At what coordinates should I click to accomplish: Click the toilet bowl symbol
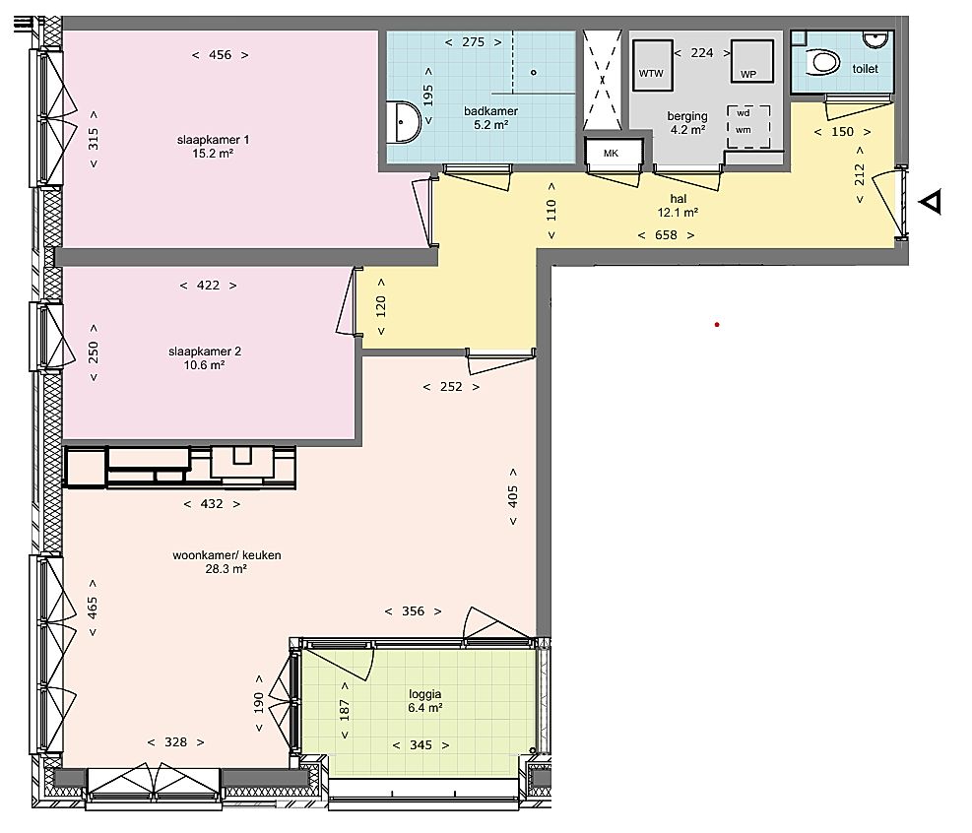coord(824,63)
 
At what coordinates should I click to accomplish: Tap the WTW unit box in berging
coord(653,66)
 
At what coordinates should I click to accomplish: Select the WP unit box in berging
coord(752,61)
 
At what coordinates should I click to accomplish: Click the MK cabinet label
coord(611,153)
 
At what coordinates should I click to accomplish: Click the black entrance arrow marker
coord(931,202)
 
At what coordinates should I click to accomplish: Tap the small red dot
coord(717,324)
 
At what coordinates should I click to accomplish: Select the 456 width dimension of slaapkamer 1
coord(220,55)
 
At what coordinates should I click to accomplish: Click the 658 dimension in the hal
coord(666,235)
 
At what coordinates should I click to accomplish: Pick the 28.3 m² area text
coord(227,569)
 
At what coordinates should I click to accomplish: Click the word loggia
coord(424,694)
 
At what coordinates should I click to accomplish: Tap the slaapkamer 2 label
coord(205,352)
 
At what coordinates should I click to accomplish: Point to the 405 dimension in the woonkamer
coord(513,496)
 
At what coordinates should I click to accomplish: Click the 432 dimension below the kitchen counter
coord(212,504)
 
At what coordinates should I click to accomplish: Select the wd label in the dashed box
coord(744,113)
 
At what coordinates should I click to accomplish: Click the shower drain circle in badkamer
coord(533,73)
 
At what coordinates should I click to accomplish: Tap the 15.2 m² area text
coord(213,153)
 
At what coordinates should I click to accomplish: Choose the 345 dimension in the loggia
coord(421,745)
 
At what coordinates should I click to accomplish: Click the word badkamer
coord(491,111)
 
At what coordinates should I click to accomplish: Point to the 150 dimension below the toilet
coord(842,131)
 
